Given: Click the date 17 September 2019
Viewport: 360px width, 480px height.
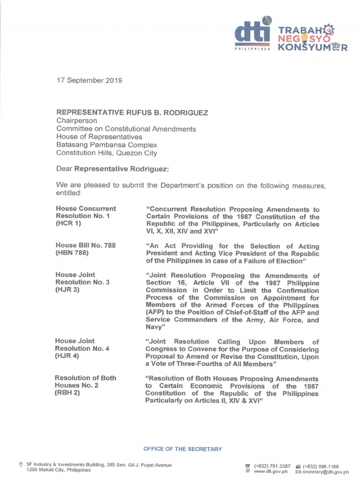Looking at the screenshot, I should click(x=89, y=80).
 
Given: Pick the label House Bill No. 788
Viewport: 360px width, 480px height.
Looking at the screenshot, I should click(x=85, y=245).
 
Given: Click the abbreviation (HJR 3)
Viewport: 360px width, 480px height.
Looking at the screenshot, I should click(x=68, y=290).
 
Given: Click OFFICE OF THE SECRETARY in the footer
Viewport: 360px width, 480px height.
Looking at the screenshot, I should click(x=182, y=449).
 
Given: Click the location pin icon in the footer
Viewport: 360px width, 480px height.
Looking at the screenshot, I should click(x=20, y=465).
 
